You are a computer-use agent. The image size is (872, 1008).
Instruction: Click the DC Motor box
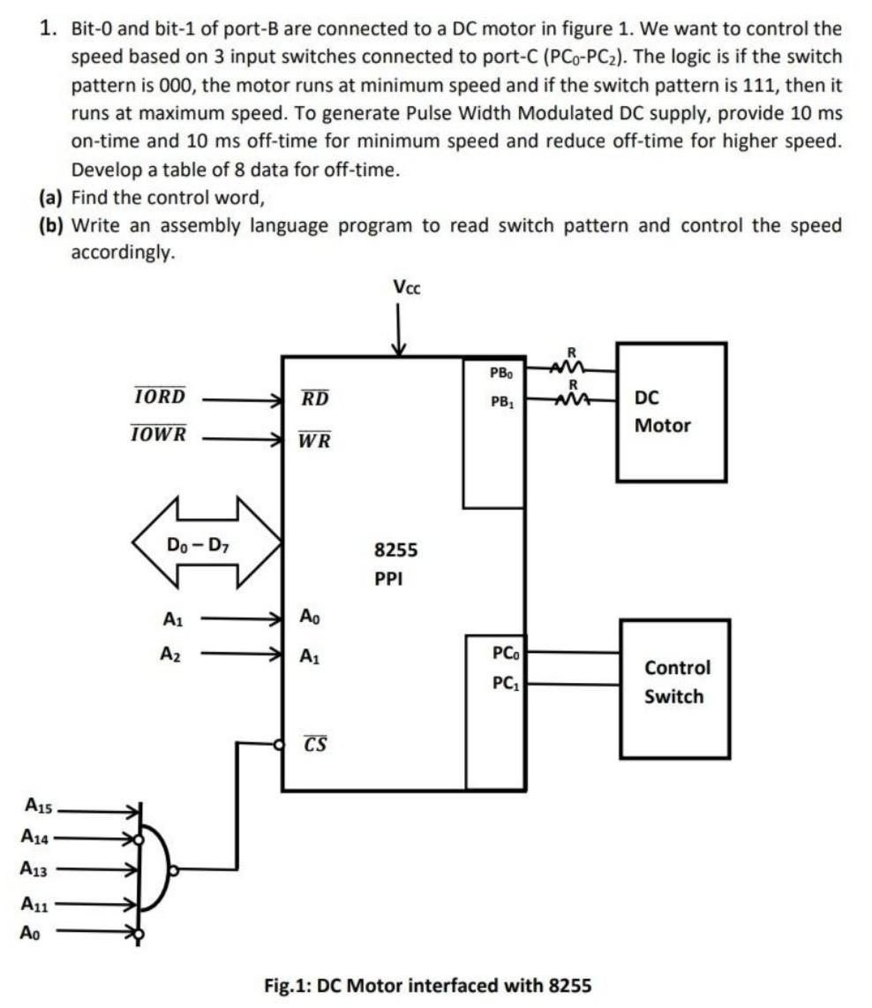click(672, 412)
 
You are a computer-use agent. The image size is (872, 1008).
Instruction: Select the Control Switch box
click(675, 688)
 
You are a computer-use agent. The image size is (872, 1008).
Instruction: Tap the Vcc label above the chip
click(406, 287)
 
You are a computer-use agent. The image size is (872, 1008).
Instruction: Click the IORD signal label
click(160, 397)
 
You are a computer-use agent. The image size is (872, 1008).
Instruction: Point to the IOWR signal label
click(159, 435)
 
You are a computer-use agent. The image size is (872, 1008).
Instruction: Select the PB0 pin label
click(502, 374)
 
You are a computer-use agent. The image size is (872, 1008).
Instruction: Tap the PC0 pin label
click(507, 655)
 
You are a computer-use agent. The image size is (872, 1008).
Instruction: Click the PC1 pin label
click(507, 683)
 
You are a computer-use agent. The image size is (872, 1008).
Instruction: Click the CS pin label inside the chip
click(315, 744)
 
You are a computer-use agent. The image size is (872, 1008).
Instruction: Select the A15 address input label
click(38, 805)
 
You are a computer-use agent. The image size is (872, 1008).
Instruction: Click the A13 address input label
click(36, 868)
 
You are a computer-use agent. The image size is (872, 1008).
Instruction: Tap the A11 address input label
click(36, 904)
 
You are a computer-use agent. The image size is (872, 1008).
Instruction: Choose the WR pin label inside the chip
click(314, 439)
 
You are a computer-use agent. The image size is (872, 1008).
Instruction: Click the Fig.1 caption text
click(427, 984)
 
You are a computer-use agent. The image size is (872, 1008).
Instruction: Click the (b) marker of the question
click(52, 225)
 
